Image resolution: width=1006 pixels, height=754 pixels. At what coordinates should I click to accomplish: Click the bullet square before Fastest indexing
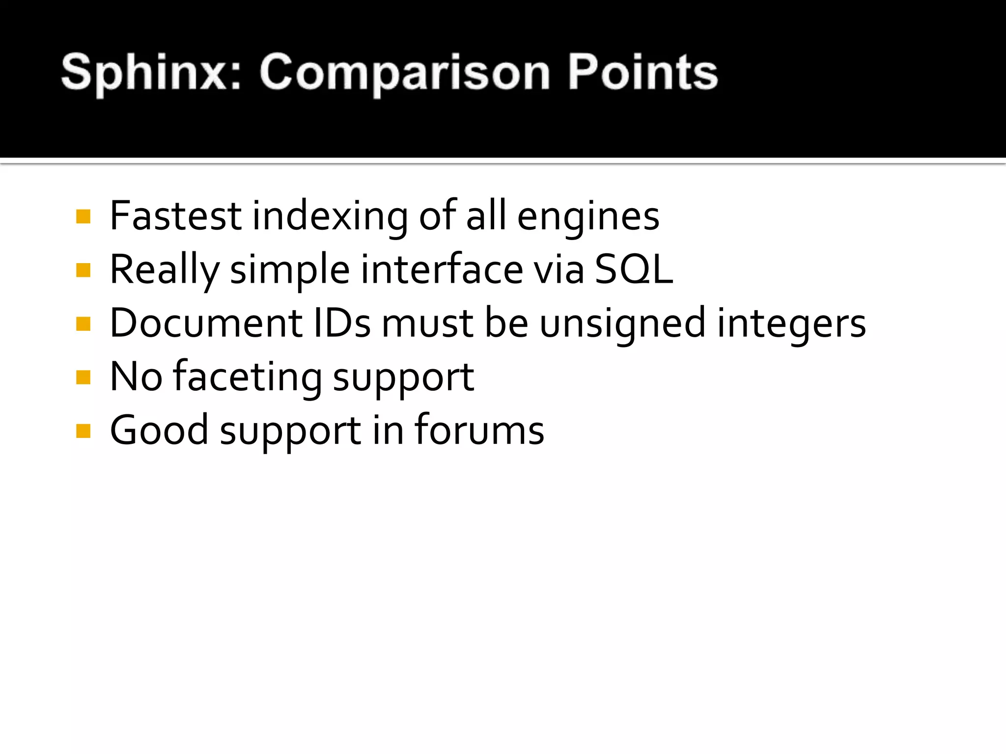tap(84, 216)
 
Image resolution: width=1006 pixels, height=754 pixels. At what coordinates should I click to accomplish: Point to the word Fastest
tap(175, 216)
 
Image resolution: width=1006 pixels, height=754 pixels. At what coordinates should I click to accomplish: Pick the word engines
tap(588, 217)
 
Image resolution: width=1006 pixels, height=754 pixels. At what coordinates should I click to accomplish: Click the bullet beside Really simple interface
tap(84, 270)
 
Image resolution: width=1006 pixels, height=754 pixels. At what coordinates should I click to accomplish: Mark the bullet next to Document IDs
tap(84, 324)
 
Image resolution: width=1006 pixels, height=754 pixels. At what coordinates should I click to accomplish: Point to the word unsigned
tap(622, 324)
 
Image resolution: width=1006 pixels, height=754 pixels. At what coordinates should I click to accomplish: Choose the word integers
tap(791, 324)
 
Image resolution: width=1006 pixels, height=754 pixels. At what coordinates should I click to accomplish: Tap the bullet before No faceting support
tap(84, 377)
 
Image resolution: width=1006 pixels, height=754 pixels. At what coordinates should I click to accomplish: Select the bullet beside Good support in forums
tap(84, 431)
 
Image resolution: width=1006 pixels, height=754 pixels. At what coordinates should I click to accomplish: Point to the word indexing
tap(330, 217)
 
